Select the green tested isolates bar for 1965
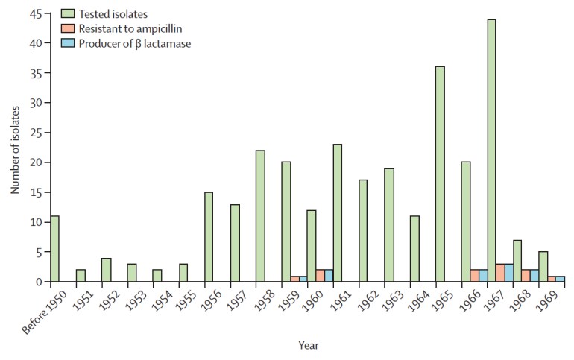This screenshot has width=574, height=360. coord(440,174)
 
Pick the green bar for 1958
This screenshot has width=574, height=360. coord(259,216)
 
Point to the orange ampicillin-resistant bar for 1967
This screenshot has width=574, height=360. coord(500,273)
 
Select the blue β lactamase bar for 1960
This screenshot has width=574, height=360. coord(329,276)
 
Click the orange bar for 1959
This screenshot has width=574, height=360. coord(294,279)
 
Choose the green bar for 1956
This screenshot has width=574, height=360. coord(208,237)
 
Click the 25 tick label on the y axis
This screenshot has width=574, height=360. coord(33,133)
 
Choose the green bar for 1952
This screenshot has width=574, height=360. coord(105,270)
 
